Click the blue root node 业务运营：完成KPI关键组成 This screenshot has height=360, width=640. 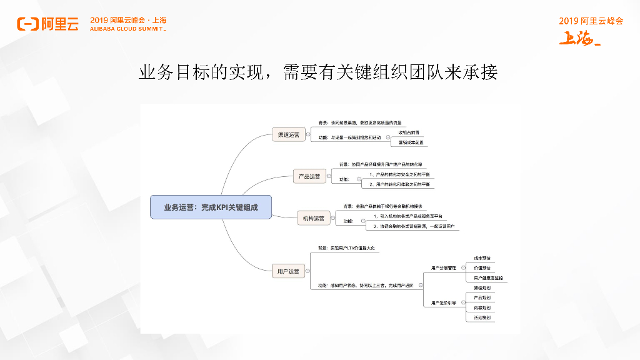coord(211,207)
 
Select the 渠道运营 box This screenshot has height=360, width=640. coord(288,134)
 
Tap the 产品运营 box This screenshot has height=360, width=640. coord(309,176)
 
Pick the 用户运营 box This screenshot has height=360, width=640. coord(288,271)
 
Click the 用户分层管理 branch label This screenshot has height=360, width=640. coord(444,267)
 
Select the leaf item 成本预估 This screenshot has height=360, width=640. coord(482,257)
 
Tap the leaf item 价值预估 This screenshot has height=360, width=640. coord(482,267)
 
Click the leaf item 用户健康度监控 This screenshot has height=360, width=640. coord(488,277)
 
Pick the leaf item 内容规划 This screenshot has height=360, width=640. coord(482,307)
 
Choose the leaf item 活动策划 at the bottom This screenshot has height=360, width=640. coord(482,317)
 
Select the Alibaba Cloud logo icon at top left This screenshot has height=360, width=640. coord(27,24)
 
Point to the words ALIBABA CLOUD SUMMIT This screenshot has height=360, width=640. coord(128,29)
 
